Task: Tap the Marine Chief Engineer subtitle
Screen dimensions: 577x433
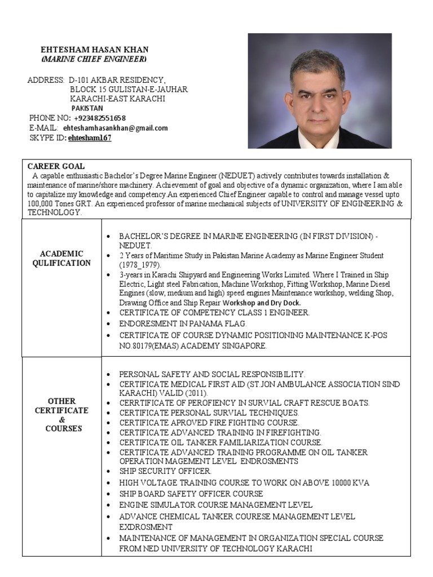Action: click(x=94, y=59)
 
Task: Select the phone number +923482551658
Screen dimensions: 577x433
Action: click(x=100, y=118)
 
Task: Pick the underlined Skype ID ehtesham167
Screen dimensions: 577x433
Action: click(x=90, y=137)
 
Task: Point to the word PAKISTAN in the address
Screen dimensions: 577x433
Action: click(x=87, y=108)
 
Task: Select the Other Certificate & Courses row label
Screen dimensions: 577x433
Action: click(x=61, y=415)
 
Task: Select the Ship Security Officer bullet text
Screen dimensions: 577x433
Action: click(x=165, y=471)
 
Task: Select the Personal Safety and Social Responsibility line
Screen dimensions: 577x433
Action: click(x=212, y=374)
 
